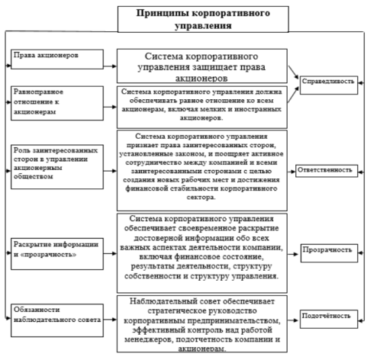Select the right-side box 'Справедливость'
328,79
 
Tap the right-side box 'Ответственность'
328,169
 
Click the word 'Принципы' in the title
162,12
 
